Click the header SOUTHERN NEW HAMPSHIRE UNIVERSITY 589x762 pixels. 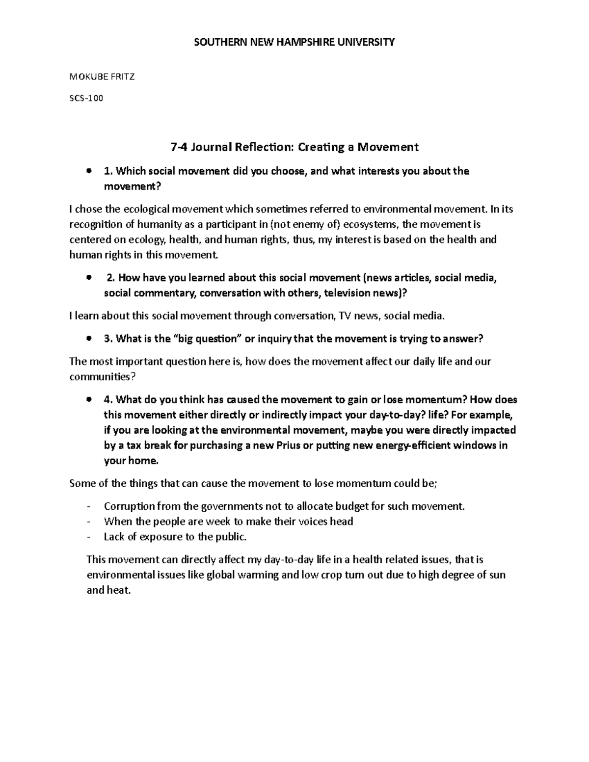294,42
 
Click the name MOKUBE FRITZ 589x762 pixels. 102,77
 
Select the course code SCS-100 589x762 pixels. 87,98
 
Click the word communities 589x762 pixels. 100,377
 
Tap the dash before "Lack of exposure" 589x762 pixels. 88,537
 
